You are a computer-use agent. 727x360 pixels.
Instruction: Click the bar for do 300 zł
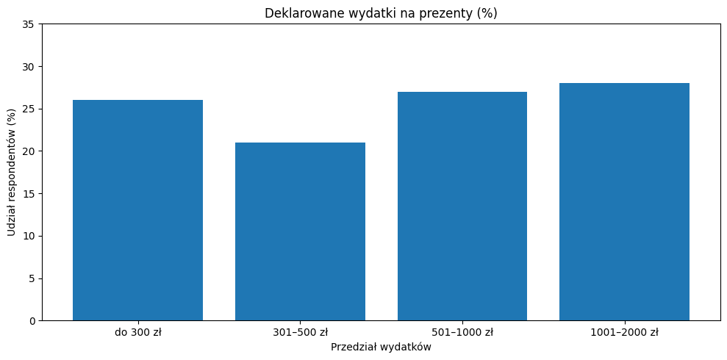tap(137, 210)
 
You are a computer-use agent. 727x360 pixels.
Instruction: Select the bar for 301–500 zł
tap(300, 231)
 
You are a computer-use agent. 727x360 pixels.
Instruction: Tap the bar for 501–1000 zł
tap(462, 206)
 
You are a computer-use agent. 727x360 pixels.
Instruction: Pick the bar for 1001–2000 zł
tap(624, 202)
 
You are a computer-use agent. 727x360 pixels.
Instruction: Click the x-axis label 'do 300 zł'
tap(137, 332)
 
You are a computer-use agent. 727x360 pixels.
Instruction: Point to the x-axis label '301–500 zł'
tap(300, 332)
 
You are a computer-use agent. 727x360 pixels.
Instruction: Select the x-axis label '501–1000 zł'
tap(462, 332)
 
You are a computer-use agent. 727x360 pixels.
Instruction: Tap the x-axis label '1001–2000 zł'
tap(624, 332)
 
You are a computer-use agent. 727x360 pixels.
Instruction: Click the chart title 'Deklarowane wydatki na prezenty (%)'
tap(381, 12)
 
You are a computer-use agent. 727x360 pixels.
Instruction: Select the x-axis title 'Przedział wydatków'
tap(381, 347)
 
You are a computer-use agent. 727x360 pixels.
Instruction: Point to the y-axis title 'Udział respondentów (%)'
tap(11, 173)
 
